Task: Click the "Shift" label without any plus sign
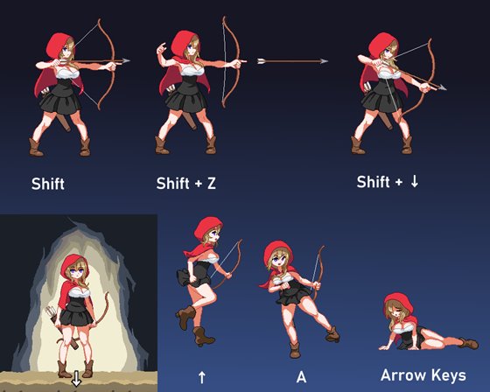(x=48, y=184)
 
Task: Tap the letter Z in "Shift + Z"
(x=212, y=183)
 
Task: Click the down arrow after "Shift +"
(x=415, y=182)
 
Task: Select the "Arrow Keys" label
(x=423, y=375)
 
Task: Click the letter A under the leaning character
(x=301, y=377)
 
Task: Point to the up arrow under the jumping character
(x=202, y=377)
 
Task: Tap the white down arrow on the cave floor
(x=76, y=378)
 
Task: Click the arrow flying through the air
(x=292, y=61)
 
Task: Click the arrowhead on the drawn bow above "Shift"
(x=126, y=61)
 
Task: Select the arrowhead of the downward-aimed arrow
(x=442, y=87)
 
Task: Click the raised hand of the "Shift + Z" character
(x=161, y=48)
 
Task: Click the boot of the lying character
(x=468, y=343)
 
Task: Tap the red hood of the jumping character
(x=207, y=227)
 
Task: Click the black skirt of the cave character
(x=76, y=316)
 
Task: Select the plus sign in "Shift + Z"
(x=198, y=184)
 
